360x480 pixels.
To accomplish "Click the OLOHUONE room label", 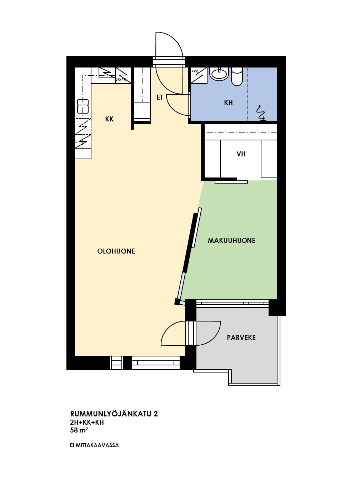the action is (x=116, y=251).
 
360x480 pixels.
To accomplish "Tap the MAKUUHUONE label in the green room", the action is (x=231, y=241).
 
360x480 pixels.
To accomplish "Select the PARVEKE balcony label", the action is (x=241, y=337).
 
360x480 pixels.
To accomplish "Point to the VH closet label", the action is (x=241, y=154).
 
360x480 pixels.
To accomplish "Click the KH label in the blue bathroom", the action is (x=228, y=102).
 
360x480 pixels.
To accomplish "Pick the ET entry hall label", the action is (x=160, y=97).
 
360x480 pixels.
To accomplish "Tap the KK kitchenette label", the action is (x=109, y=119).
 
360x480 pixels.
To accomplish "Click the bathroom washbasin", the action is (x=219, y=74).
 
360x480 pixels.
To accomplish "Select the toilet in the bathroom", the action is (x=237, y=76).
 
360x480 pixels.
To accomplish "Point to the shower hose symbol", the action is (x=261, y=112).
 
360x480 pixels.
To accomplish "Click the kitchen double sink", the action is (x=83, y=106).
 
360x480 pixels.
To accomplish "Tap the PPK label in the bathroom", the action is (x=195, y=71).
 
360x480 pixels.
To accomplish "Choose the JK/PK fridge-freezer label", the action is (x=121, y=80).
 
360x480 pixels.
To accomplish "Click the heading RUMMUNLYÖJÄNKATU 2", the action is (x=114, y=414).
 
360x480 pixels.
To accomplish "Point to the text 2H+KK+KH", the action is (x=87, y=422).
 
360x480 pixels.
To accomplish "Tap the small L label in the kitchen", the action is (x=76, y=142).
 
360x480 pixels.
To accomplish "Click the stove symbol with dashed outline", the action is (x=83, y=126).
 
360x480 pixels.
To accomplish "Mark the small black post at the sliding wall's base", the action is (x=177, y=302).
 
